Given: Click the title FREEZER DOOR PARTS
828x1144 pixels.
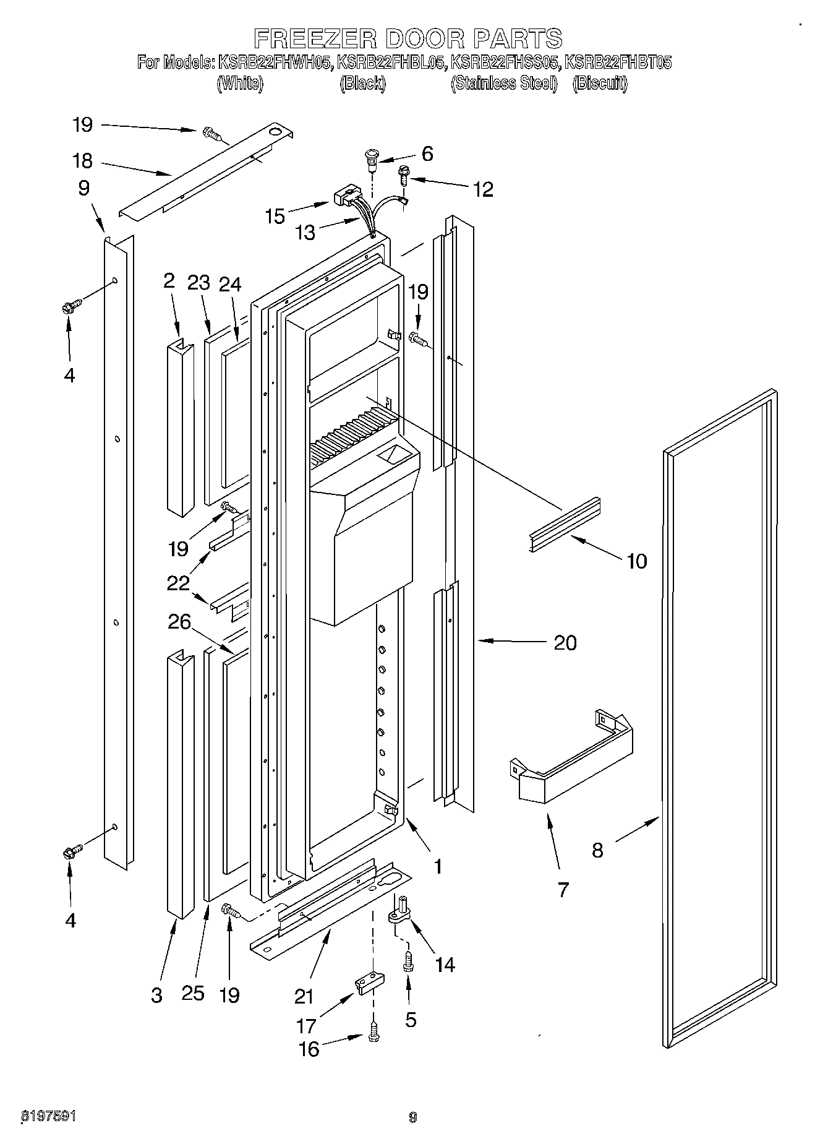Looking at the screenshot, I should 409,38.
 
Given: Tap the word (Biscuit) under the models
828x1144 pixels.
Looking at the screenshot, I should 599,84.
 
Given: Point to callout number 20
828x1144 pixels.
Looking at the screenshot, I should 565,642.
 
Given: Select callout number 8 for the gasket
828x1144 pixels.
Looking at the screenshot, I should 597,850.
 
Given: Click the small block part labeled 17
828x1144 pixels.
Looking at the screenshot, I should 369,982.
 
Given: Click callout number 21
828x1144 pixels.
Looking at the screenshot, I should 304,996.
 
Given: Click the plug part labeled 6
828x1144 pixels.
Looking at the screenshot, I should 372,157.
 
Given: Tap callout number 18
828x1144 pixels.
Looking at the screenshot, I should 82,161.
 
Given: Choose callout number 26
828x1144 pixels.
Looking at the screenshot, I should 179,622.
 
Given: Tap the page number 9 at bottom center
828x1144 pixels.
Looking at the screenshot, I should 413,1117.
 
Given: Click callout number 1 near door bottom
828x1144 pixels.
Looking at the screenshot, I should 437,866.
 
